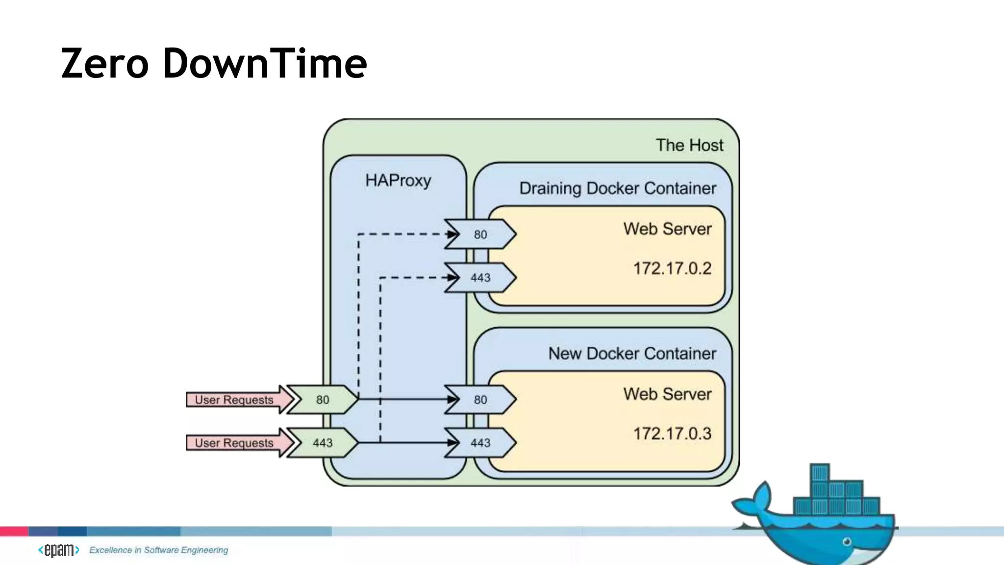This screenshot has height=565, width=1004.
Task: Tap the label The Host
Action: click(x=689, y=145)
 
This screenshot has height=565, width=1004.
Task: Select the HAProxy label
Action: click(x=398, y=180)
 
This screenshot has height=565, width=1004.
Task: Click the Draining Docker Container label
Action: click(x=618, y=188)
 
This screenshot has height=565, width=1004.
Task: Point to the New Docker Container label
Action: click(x=632, y=354)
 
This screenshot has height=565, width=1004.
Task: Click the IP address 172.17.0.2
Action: click(x=672, y=268)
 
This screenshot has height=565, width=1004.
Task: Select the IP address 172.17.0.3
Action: click(x=672, y=434)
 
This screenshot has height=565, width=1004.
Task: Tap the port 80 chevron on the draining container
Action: click(x=480, y=234)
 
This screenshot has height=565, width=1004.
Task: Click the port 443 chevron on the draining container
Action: click(x=480, y=278)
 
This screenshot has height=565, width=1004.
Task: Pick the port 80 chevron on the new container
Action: click(x=480, y=400)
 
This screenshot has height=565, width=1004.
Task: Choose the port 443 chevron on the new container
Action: click(x=480, y=443)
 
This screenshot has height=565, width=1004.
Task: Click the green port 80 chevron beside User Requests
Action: click(x=323, y=400)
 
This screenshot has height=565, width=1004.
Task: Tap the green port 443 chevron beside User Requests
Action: click(x=323, y=443)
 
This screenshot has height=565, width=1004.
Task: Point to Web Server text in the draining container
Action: click(x=667, y=229)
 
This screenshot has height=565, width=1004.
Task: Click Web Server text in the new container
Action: click(x=667, y=394)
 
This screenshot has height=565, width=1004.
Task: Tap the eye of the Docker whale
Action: click(x=847, y=542)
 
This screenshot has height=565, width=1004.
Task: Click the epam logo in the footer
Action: click(x=59, y=550)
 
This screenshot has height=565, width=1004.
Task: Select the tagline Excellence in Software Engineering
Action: click(x=158, y=550)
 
